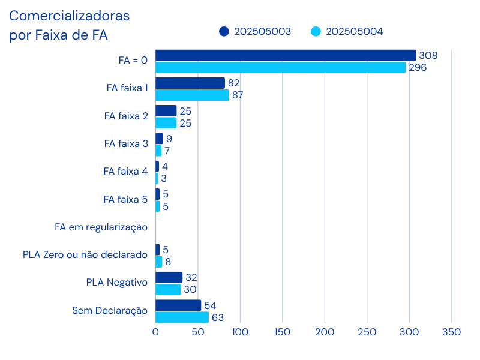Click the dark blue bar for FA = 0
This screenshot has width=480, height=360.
(286, 55)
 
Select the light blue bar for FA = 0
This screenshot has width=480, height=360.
(281, 67)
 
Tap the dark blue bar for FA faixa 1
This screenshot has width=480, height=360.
(190, 83)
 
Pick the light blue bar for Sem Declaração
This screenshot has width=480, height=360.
(182, 317)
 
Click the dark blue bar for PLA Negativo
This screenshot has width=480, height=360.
(169, 277)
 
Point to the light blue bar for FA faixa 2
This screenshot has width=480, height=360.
(166, 123)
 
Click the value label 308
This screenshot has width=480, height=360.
(428, 55)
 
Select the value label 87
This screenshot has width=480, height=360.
(238, 95)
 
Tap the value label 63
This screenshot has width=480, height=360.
(218, 317)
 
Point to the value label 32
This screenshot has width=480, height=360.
(191, 277)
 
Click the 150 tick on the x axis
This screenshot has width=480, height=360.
(282, 332)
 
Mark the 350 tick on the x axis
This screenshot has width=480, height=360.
(451, 332)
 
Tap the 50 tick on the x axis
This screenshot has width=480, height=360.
(197, 332)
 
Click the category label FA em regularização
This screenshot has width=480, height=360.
(101, 227)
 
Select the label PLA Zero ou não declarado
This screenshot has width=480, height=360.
(85, 255)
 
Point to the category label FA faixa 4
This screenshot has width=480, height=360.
(125, 172)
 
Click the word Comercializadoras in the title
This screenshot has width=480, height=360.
(69, 16)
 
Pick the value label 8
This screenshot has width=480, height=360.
(169, 262)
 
